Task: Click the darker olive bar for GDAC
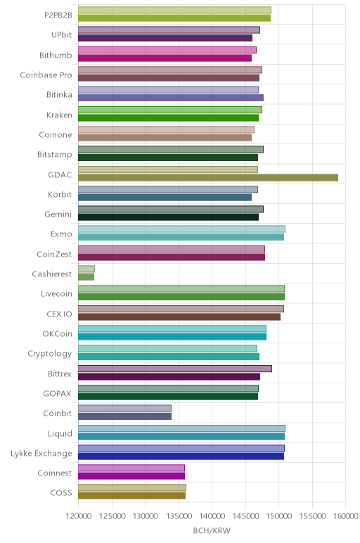pos(208,178)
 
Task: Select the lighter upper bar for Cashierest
pos(86,269)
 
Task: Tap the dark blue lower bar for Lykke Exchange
pos(181,456)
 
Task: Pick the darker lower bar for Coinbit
pos(124,416)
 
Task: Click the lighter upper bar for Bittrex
pos(175,369)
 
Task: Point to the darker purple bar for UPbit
pos(165,38)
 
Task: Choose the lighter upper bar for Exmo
pos(181,229)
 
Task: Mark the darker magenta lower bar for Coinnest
pos(131,476)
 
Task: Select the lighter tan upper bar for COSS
pos(132,487)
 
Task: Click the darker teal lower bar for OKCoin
pos(172,337)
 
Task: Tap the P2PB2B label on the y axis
pos(58,15)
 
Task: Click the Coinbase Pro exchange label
pos(46,75)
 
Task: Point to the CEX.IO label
pos(59,314)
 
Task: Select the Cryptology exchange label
pos(50,354)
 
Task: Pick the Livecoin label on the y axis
pos(56,294)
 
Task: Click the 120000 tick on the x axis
pos(78,516)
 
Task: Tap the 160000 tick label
pos(345,516)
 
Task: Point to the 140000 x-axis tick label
pos(212,516)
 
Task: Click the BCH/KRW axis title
pos(212,530)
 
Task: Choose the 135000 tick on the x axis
pos(179,516)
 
